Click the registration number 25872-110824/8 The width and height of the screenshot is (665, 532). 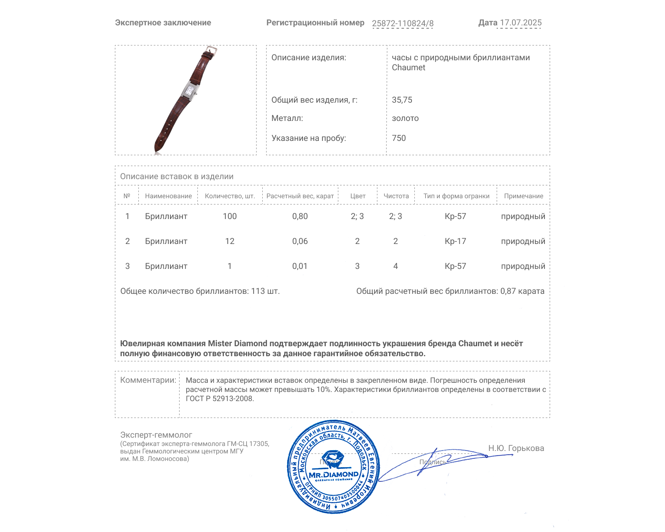[402, 23]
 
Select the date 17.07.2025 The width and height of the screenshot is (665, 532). [520, 23]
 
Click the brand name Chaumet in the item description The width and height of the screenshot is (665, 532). [408, 68]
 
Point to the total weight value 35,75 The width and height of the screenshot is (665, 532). [402, 100]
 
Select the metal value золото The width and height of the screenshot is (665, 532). [405, 118]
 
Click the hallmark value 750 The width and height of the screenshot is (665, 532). [399, 138]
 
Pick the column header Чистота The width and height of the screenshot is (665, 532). [396, 196]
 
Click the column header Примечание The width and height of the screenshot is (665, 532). [523, 196]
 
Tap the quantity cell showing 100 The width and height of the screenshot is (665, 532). [229, 216]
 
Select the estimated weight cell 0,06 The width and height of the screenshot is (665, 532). [300, 241]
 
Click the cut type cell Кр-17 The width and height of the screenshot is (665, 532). [455, 241]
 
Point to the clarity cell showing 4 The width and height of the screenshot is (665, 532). [395, 266]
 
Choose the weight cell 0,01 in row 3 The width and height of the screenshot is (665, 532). [300, 266]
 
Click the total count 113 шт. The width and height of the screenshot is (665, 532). [265, 291]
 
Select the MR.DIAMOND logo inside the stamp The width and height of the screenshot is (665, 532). [333, 474]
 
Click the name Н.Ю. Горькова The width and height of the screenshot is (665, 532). [516, 448]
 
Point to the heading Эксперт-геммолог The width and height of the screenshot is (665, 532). [156, 435]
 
